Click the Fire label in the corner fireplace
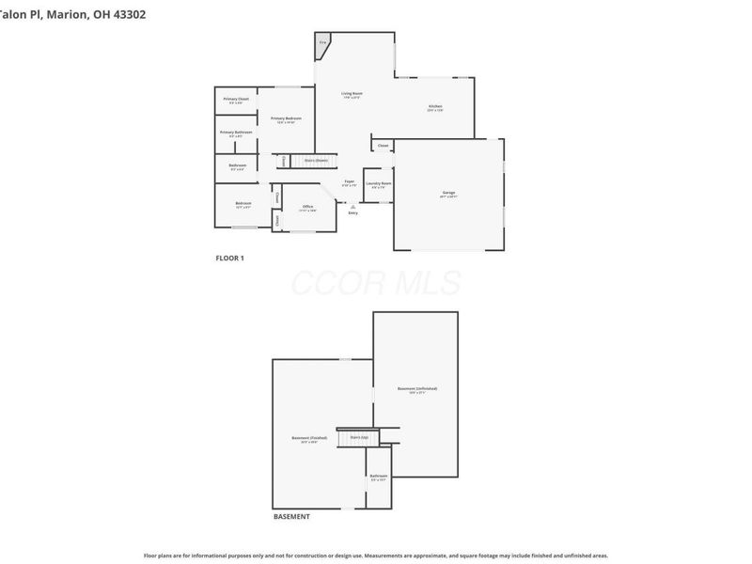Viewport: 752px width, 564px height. pyautogui.click(x=322, y=42)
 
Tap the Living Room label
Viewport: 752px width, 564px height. pyautogui.click(x=352, y=93)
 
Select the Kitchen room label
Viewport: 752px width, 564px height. pyautogui.click(x=434, y=106)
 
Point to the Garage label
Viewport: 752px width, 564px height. pyautogui.click(x=448, y=193)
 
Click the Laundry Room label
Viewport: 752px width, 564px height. pyautogui.click(x=379, y=183)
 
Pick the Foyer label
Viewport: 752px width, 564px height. pyautogui.click(x=349, y=180)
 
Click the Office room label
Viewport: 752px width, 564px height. pyautogui.click(x=307, y=206)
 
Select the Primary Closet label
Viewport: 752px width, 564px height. pyautogui.click(x=236, y=99)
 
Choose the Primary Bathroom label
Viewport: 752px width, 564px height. pyautogui.click(x=236, y=133)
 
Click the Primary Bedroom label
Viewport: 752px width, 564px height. pyautogui.click(x=286, y=117)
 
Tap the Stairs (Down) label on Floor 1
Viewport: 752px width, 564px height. pyautogui.click(x=316, y=161)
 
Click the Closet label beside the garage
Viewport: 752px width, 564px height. pyautogui.click(x=383, y=146)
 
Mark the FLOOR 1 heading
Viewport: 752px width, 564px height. pyautogui.click(x=229, y=258)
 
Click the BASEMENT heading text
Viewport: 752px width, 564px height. pyautogui.click(x=291, y=517)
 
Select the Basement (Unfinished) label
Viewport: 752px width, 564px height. pyautogui.click(x=416, y=388)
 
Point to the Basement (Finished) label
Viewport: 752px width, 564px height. pyautogui.click(x=308, y=438)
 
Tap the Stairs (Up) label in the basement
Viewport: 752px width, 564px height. pyautogui.click(x=357, y=437)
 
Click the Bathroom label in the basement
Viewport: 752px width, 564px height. pyautogui.click(x=378, y=476)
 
